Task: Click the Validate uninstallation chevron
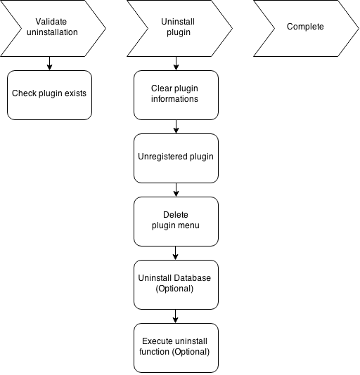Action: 53,28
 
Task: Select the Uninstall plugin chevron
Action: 179,28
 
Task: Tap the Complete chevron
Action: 306,28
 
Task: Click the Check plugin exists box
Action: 49,95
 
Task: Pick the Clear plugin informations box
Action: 176,95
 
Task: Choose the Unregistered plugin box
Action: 176,158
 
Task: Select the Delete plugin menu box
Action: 176,221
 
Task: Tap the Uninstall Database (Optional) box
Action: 176,284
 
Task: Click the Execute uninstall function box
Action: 176,348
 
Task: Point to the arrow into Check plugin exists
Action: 49,63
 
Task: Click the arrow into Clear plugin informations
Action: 176,63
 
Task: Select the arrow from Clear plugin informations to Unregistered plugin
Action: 176,126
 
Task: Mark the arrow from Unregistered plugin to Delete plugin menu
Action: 176,190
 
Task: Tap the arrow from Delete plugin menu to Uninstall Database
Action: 175,253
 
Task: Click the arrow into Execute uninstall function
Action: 175,316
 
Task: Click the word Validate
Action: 51,22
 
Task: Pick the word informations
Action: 174,98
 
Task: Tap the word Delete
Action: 176,214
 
